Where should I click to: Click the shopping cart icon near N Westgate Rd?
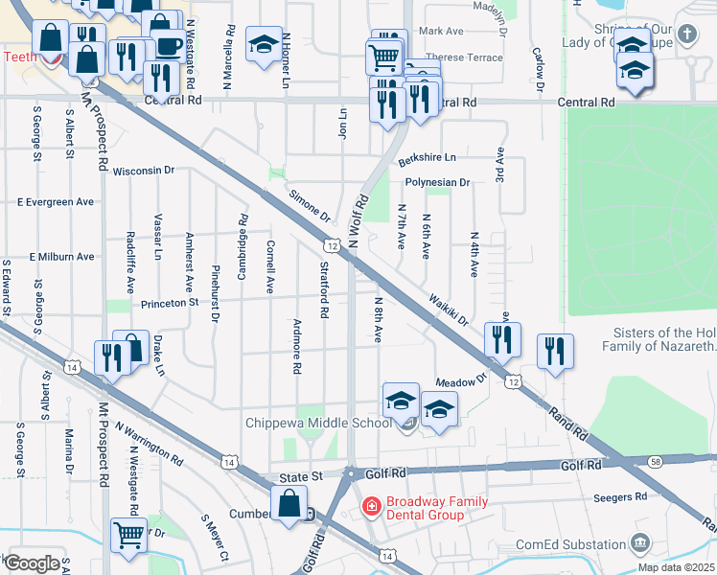128,535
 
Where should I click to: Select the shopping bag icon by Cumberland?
288,503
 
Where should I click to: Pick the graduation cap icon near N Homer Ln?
264,44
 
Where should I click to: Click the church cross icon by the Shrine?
686,35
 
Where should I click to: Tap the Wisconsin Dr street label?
144,171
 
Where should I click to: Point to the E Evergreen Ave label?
57,202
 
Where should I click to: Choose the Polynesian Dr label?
437,182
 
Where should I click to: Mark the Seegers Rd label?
620,497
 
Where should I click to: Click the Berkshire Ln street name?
428,156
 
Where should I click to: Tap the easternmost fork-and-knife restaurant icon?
555,351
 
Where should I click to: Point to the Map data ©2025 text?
676,567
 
